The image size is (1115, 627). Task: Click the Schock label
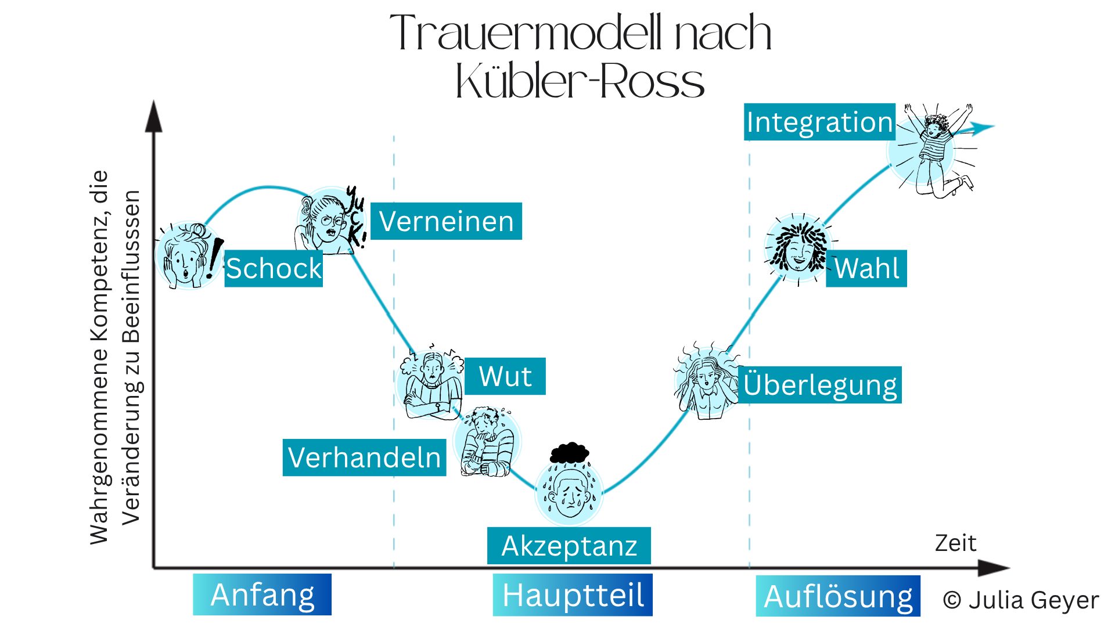tap(274, 268)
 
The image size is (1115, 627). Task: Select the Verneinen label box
tap(446, 221)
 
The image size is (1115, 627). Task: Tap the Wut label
tap(505, 376)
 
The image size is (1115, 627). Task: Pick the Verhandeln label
tap(364, 457)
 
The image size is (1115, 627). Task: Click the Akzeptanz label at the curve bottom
tap(569, 546)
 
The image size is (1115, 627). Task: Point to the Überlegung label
tap(820, 385)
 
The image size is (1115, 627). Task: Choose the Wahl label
tap(866, 268)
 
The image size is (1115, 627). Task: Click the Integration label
tap(819, 122)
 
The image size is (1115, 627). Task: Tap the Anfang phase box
tap(262, 594)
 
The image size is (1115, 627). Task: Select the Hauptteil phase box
tap(573, 595)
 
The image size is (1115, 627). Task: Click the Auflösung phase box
tap(838, 596)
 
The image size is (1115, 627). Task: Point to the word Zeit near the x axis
tap(955, 543)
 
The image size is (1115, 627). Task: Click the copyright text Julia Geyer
tap(1021, 600)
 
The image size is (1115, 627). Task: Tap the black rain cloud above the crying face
tap(570, 452)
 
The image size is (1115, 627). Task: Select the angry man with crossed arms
tap(431, 386)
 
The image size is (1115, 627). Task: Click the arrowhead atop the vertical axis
tap(153, 117)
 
